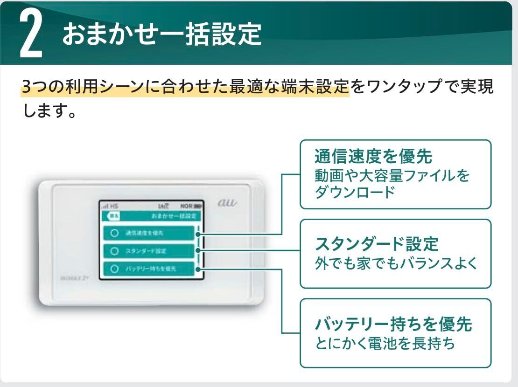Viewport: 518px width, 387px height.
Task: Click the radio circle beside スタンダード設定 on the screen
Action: tap(113, 251)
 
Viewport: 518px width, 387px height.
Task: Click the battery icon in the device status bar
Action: tap(199, 205)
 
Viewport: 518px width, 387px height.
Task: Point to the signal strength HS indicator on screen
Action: tap(110, 205)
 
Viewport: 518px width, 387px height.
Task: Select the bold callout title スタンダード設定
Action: tap(377, 243)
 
